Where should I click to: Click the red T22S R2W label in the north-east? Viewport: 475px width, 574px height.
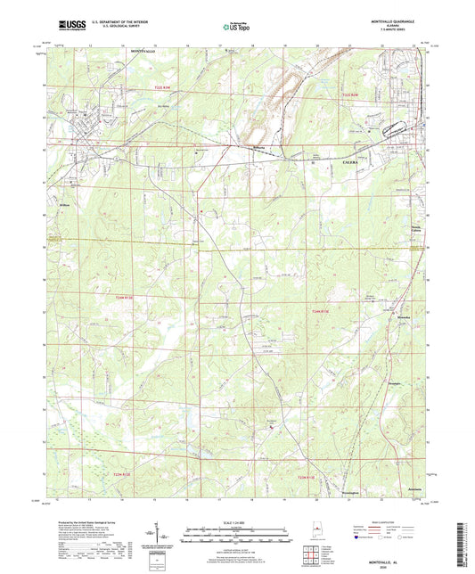[353, 92]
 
